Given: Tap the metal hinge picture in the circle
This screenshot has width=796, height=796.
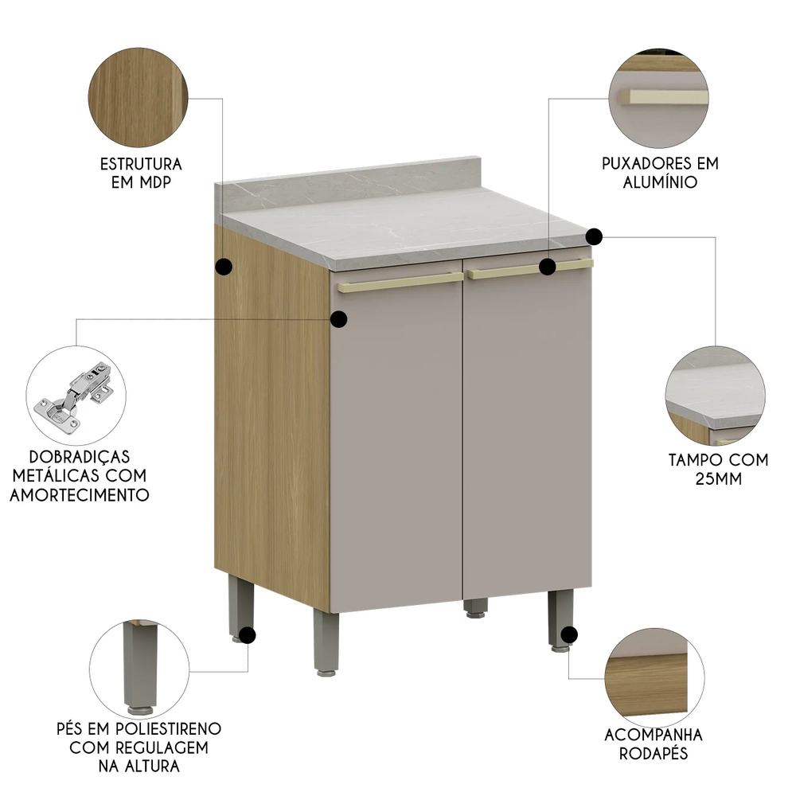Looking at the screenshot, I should coord(76,395).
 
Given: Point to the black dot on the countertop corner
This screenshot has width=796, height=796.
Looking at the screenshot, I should coord(595,236).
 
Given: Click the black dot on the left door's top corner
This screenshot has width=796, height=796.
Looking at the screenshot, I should coord(339,319).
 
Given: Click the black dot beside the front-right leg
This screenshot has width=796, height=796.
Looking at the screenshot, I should coord(568,634).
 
